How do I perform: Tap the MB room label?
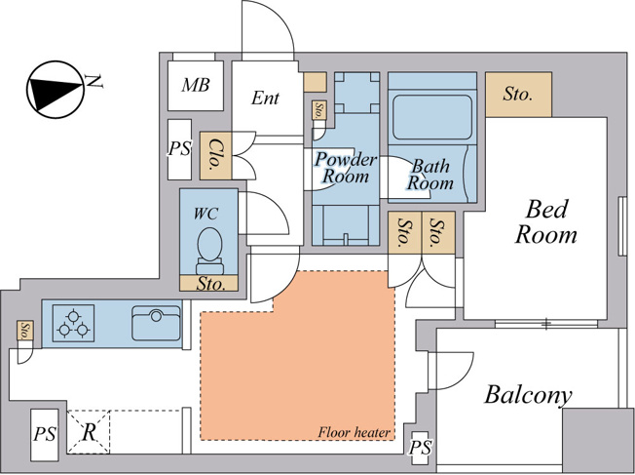[196, 85]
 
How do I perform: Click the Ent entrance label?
[265, 98]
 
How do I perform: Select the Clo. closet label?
[215, 154]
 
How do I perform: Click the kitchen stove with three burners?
[73, 323]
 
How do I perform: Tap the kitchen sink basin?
[157, 323]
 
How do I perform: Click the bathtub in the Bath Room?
[432, 118]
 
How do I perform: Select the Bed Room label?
[546, 221]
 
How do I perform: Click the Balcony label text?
[528, 395]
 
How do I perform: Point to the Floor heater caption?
[355, 432]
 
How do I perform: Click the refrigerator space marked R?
[89, 432]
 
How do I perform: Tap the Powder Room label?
[346, 168]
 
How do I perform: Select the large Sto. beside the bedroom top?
[518, 95]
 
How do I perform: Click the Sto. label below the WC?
[211, 284]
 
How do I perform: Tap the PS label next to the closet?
[179, 149]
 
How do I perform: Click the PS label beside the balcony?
[420, 448]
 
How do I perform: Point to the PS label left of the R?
[45, 434]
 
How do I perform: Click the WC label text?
[205, 214]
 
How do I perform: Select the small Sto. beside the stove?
[25, 331]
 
